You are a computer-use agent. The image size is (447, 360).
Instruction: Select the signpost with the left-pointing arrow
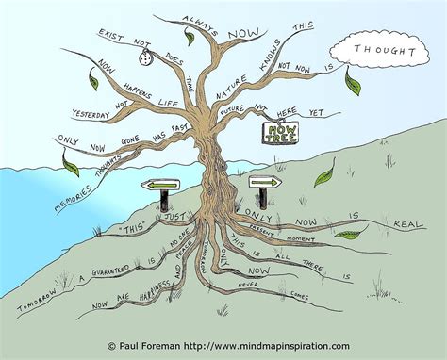161,187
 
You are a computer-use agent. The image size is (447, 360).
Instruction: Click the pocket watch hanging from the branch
145,58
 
